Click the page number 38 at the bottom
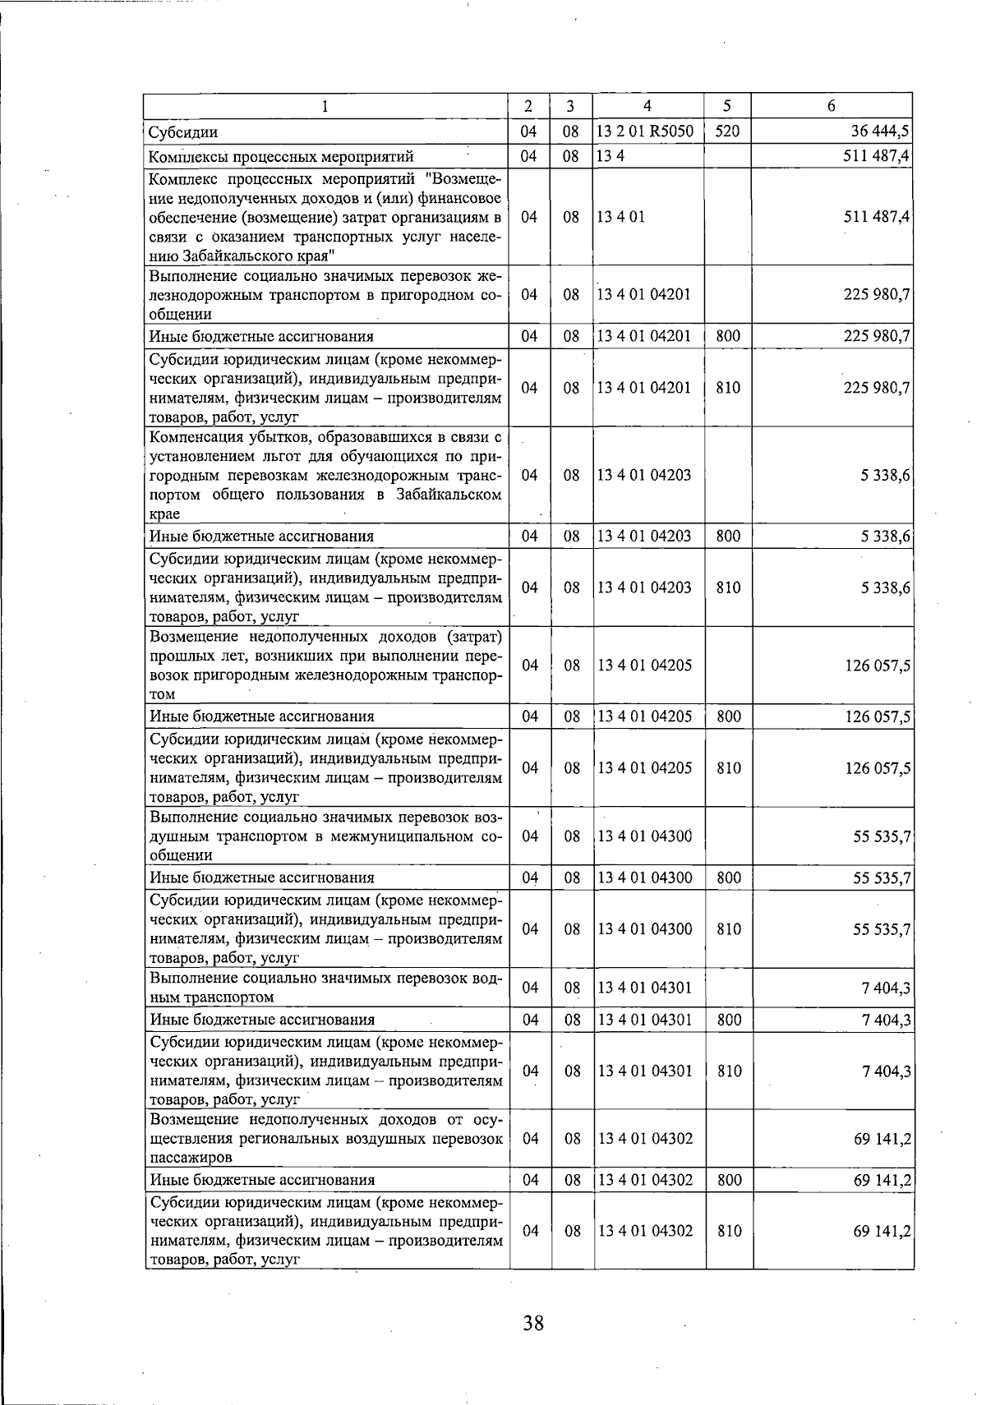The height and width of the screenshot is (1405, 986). [x=532, y=1323]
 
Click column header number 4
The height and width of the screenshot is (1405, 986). [x=647, y=106]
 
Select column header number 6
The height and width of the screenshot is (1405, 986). [x=832, y=106]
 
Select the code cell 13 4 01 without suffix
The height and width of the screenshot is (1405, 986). [x=615, y=217]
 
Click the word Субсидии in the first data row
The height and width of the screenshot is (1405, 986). [x=182, y=132]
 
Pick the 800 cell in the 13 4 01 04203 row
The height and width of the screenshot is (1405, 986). [x=728, y=537]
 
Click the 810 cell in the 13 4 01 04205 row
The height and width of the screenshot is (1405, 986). [x=728, y=767]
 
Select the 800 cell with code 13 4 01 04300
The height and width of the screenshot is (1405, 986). [x=728, y=878]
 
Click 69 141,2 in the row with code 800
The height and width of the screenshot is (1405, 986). [x=882, y=1180]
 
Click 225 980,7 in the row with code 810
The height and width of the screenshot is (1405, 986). [x=877, y=388]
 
